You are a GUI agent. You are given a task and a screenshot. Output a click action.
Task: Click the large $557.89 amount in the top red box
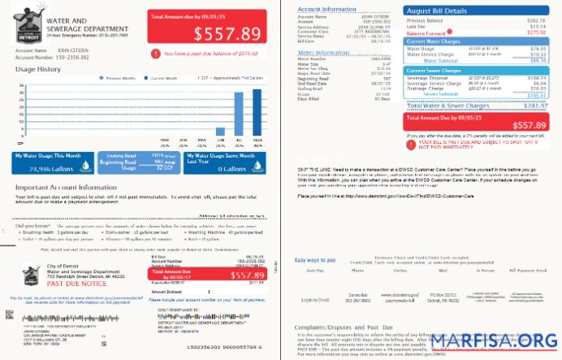coord(219,33)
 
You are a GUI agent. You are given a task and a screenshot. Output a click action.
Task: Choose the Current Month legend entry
coord(166,78)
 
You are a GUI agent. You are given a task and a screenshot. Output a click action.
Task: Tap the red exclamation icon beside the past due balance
coord(155,53)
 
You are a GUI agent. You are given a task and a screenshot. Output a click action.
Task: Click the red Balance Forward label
coord(425,32)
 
